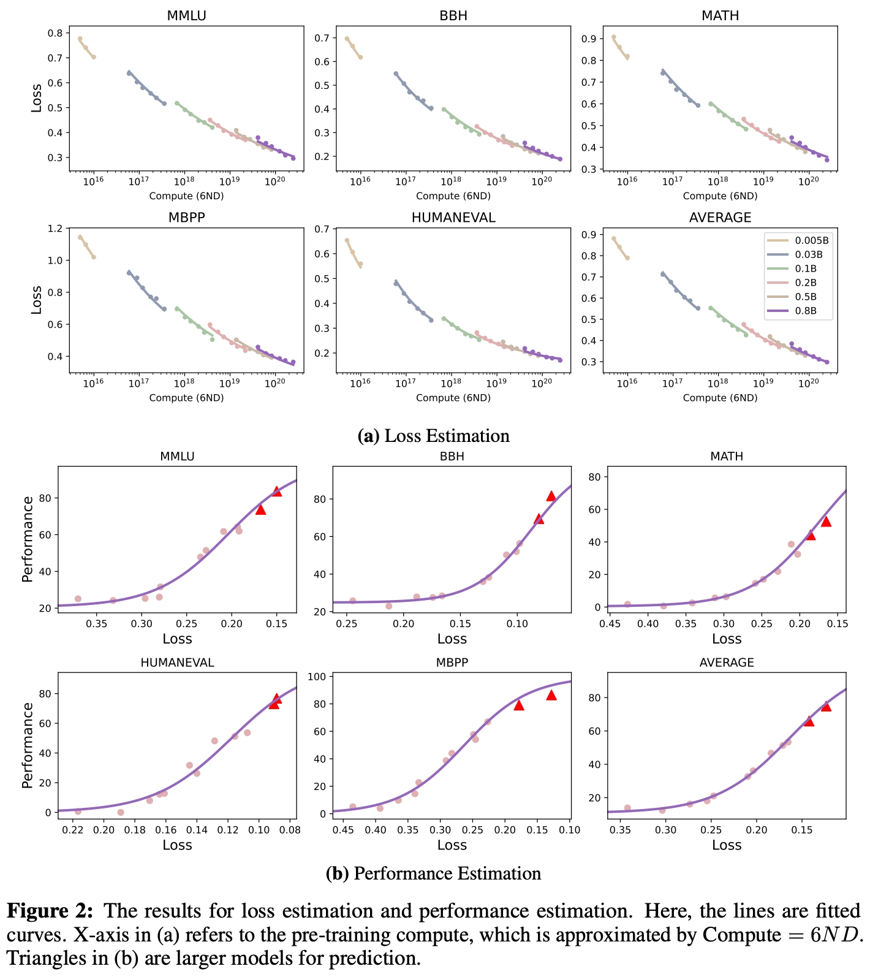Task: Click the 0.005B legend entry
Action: point(812,240)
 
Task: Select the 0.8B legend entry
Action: point(806,311)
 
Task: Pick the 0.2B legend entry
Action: point(806,283)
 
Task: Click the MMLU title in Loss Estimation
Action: point(186,16)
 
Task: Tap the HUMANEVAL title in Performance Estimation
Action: point(177,663)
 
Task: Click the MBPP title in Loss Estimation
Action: point(186,218)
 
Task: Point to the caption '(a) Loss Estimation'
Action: point(434,436)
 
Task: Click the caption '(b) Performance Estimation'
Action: point(434,873)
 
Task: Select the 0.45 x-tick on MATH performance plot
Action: point(610,623)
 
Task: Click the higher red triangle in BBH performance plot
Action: point(551,496)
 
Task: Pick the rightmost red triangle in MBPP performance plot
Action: point(551,695)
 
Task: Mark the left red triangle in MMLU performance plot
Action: point(260,509)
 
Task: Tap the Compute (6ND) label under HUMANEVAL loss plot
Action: point(453,398)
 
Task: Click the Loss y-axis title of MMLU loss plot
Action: point(37,97)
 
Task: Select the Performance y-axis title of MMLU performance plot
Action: point(28,539)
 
